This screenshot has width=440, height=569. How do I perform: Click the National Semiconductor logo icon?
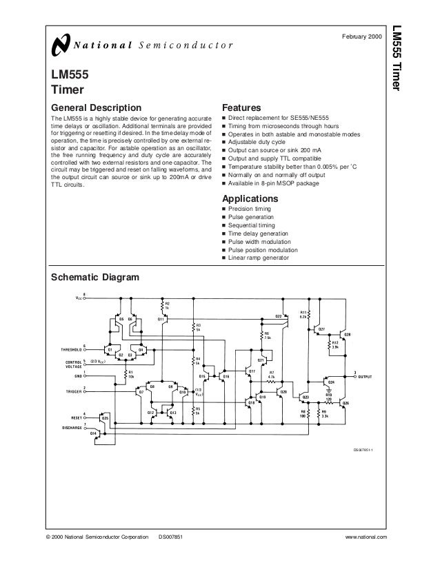(60, 47)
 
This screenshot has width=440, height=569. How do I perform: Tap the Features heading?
(240, 108)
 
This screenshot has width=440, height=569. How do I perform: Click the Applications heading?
(249, 198)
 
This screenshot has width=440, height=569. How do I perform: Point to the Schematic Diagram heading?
(96, 278)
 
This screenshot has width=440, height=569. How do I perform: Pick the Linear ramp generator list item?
(259, 258)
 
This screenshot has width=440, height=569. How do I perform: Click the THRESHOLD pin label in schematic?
(70, 349)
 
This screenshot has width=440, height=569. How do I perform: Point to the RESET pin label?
(77, 417)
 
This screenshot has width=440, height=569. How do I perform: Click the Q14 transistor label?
(92, 431)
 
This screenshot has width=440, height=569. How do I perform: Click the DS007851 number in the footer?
(170, 536)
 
